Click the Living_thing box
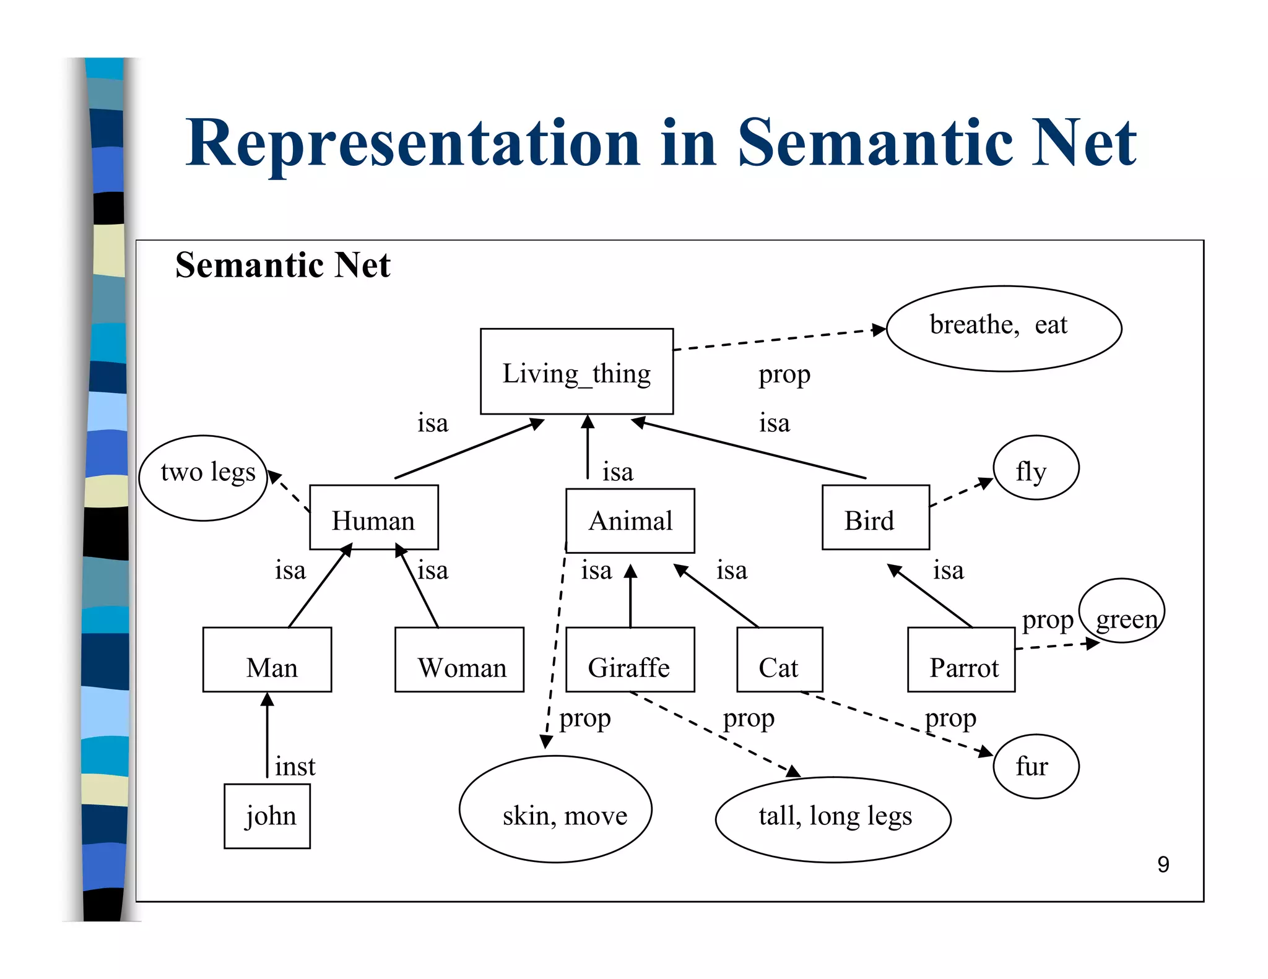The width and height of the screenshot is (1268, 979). pos(576,371)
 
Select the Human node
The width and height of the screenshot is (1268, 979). pos(373,517)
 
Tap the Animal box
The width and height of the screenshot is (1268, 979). pos(630,520)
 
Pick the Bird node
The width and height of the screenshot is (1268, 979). pos(875,517)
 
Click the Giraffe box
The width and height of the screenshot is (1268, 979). pos(630,660)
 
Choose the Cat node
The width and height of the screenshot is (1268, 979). pos(779,660)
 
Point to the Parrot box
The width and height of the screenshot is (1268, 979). pos(961,660)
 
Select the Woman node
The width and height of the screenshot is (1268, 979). pos(459,660)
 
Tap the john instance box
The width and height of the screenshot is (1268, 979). pos(267,816)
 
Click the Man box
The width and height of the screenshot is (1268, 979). pos(267,660)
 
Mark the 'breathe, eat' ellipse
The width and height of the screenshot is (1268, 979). pos(1004,328)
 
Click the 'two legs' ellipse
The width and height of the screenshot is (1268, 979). pos(203,478)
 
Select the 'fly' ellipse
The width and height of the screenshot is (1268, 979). pos(1036,468)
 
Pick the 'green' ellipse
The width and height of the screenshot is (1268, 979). pos(1121,611)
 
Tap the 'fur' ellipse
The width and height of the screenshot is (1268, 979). pos(1036,766)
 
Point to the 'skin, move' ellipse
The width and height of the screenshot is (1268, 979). pos(555,809)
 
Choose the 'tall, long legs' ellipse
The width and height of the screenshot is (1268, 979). pos(833,819)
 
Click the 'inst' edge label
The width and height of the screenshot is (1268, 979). pos(295,767)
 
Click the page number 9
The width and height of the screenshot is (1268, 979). pos(1163,865)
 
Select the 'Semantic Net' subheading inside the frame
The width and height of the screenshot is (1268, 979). pos(282,265)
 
